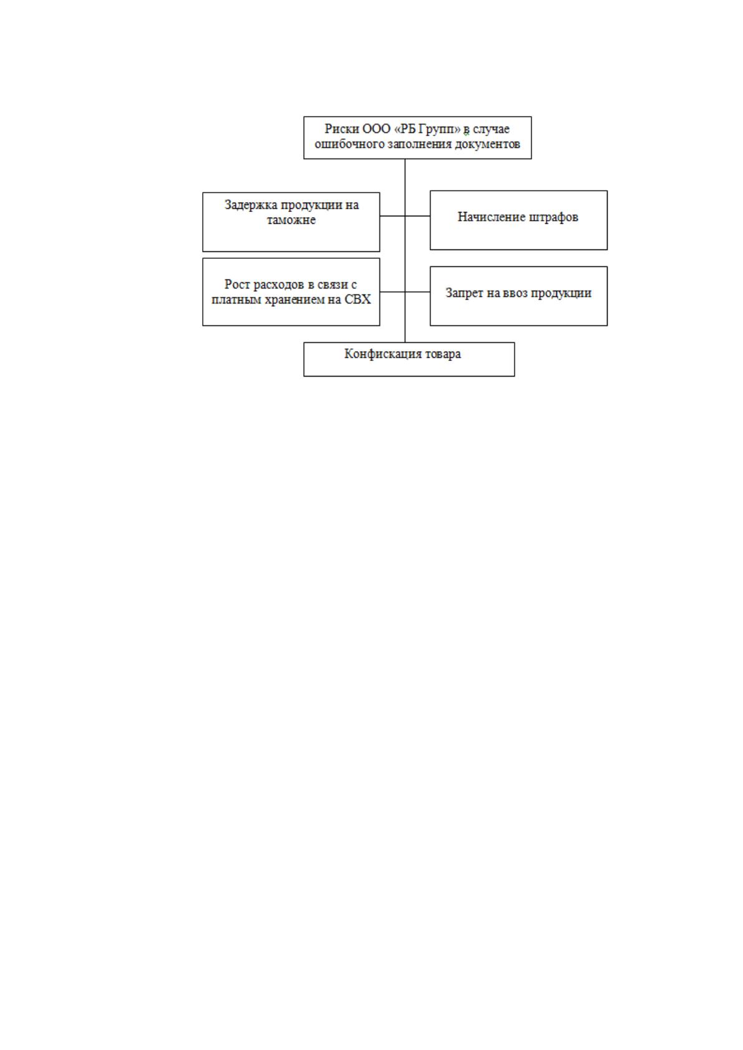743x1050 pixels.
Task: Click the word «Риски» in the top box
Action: point(335,129)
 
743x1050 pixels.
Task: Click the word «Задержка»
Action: point(251,205)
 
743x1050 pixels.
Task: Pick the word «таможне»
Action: point(291,220)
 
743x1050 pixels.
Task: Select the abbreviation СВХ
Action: point(357,299)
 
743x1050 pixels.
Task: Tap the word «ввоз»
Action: point(515,294)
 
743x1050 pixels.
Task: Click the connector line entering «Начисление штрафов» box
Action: point(417,216)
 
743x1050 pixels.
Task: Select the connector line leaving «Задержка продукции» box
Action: point(392,216)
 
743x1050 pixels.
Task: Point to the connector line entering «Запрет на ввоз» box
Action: point(417,292)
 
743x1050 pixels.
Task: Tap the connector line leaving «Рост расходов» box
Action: point(392,292)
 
